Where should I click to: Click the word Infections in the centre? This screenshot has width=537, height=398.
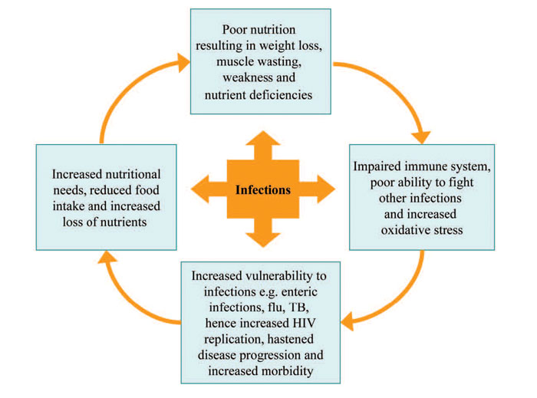click(x=262, y=189)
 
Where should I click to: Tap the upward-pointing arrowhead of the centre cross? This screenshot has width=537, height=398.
click(x=262, y=144)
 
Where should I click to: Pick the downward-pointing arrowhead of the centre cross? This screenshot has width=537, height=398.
click(x=262, y=235)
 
